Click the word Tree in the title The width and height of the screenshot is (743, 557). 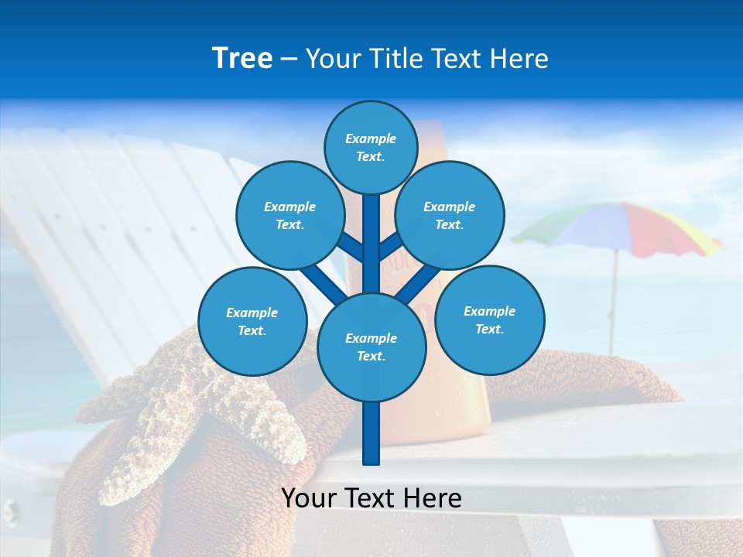tap(242, 59)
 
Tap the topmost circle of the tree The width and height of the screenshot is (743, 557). tap(371, 147)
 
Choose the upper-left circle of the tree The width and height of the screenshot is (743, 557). tap(289, 215)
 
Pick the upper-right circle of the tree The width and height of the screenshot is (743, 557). tap(450, 215)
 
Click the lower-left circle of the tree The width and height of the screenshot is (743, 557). tap(252, 321)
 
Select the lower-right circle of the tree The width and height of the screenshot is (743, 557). tap(489, 320)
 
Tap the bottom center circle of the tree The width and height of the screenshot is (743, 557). tap(371, 347)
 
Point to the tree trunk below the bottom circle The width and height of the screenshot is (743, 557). tap(371, 433)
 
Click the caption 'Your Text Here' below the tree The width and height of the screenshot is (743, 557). tap(371, 498)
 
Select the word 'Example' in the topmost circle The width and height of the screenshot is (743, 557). tap(371, 139)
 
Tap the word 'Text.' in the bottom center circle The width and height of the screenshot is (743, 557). tap(371, 357)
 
